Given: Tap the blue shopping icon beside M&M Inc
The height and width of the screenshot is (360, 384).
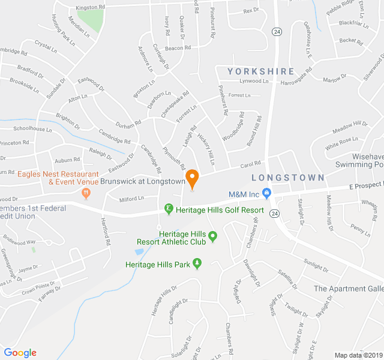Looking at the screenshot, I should pyautogui.click(x=268, y=194).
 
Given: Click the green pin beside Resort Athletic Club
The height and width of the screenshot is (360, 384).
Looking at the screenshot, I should pyautogui.click(x=212, y=241).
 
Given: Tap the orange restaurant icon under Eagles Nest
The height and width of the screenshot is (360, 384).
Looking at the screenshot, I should pyautogui.click(x=85, y=194).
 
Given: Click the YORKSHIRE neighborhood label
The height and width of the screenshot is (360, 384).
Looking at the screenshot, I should pyautogui.click(x=261, y=71).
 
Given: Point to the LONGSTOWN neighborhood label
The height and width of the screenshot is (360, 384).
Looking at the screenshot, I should pyautogui.click(x=287, y=178).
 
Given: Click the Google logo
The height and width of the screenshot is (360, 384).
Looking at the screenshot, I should pyautogui.click(x=20, y=353).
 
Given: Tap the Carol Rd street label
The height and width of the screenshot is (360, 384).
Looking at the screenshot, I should pyautogui.click(x=251, y=163).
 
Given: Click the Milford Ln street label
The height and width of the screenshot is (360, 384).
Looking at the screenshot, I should pyautogui.click(x=132, y=198).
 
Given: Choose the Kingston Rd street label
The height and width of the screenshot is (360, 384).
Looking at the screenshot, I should pyautogui.click(x=91, y=8).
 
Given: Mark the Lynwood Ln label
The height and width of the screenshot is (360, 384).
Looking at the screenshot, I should pyautogui.click(x=253, y=81).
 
